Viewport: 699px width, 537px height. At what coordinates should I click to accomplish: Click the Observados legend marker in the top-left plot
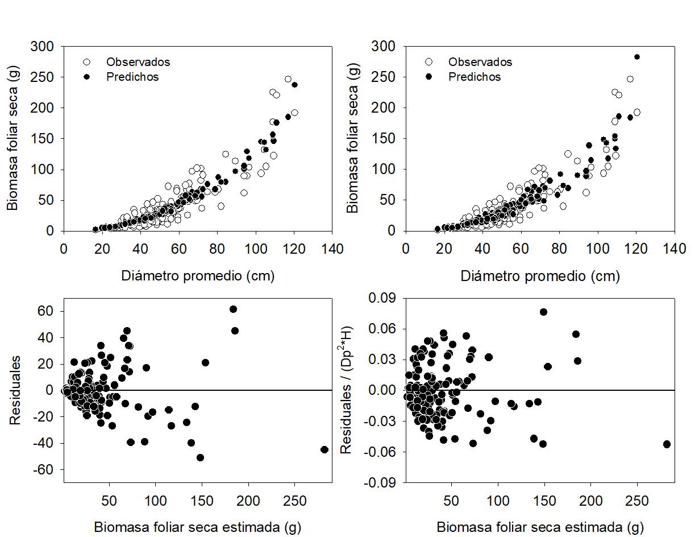click(87, 62)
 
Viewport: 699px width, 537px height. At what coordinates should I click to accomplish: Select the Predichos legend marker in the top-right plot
click(429, 76)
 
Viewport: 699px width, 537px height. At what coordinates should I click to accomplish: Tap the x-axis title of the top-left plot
click(198, 276)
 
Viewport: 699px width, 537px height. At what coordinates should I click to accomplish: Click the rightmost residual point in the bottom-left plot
click(324, 449)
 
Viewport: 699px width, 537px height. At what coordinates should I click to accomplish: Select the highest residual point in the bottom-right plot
click(543, 312)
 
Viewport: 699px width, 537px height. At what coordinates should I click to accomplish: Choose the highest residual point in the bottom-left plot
click(233, 309)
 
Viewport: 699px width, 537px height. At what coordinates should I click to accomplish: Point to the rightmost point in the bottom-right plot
click(667, 444)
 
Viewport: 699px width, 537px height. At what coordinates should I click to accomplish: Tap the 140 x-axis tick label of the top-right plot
click(675, 249)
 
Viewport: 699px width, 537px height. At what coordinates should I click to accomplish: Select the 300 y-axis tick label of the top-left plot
click(45, 46)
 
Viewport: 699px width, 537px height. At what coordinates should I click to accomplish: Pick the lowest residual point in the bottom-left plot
click(200, 458)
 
